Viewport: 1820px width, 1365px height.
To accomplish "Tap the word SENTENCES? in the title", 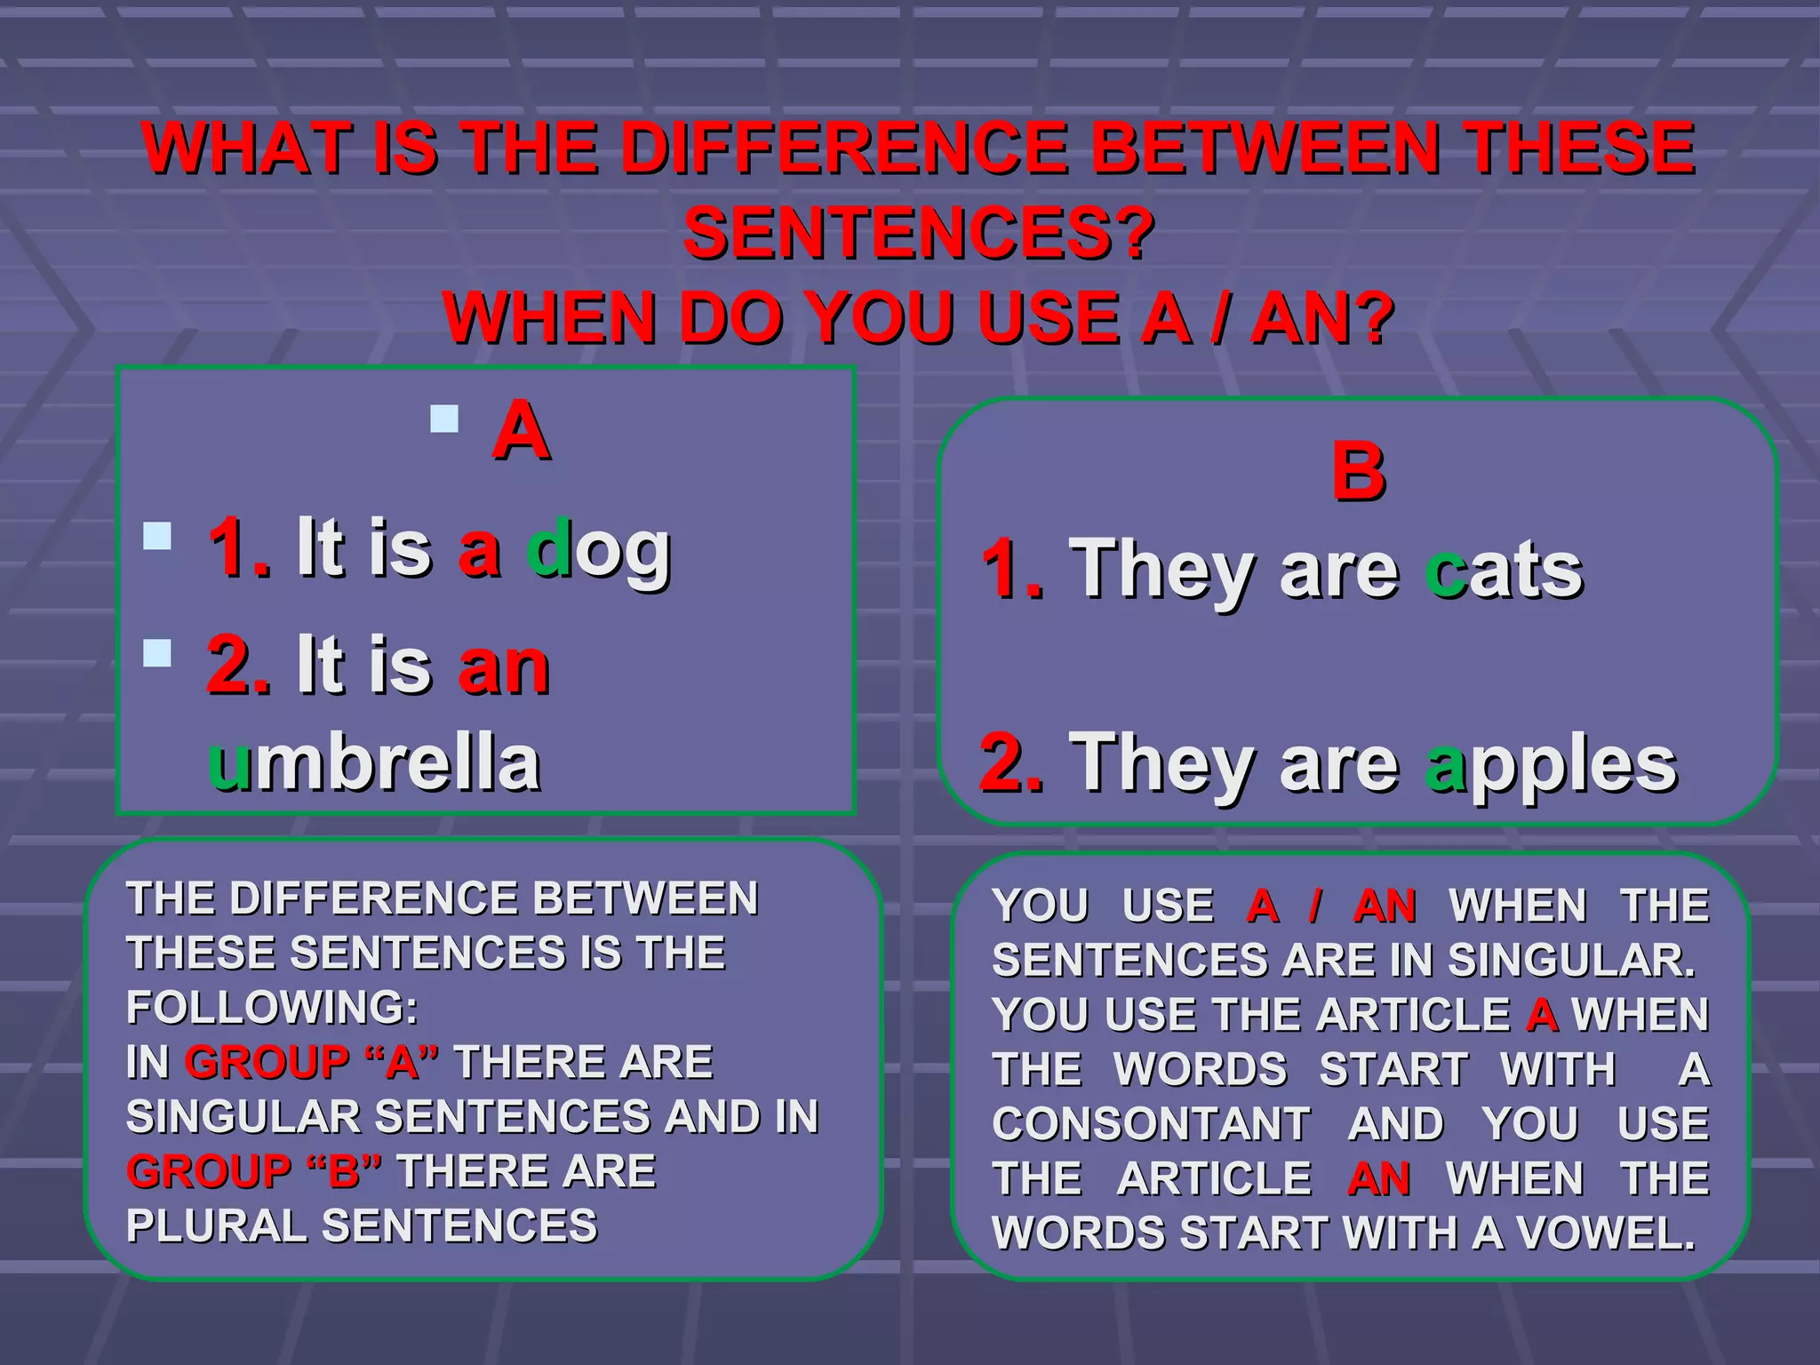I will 919,234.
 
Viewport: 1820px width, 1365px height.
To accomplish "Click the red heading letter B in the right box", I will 1358,471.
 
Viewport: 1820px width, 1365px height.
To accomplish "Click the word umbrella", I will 374,762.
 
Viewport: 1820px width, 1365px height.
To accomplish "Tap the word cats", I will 1504,571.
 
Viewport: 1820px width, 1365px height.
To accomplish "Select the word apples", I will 1551,764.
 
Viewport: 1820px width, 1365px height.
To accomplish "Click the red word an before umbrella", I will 503,667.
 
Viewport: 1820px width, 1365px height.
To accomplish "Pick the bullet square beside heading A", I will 444,419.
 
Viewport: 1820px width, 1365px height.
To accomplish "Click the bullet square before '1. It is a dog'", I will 157,536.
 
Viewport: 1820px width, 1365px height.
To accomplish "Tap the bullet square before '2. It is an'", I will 157,653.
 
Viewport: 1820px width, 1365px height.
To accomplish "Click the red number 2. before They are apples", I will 1011,762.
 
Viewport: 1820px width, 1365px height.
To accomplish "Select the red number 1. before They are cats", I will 1013,569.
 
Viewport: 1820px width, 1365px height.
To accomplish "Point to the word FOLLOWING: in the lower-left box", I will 272,1008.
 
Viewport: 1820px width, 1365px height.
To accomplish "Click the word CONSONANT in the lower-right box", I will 1151,1124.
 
